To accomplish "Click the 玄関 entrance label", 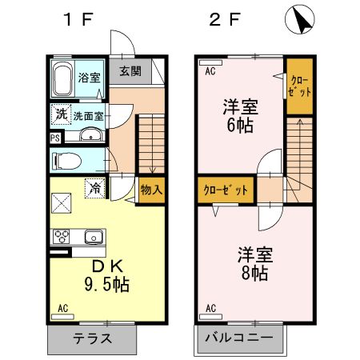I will [x=130, y=70].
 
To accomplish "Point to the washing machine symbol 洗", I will [x=61, y=115].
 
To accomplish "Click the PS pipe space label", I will [x=54, y=137].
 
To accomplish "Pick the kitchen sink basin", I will [x=92, y=237].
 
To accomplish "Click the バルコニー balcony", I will [x=239, y=338].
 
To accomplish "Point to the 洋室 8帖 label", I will [x=254, y=264].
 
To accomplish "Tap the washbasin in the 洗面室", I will [x=87, y=137].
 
